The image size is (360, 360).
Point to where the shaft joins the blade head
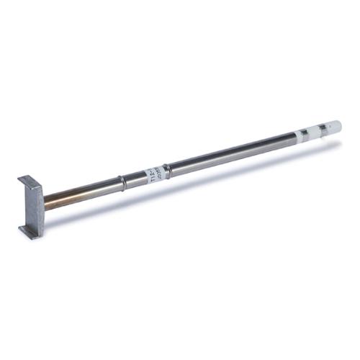[45, 201]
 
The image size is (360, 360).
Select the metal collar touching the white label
[166, 171]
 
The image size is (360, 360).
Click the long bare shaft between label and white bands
[230, 154]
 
